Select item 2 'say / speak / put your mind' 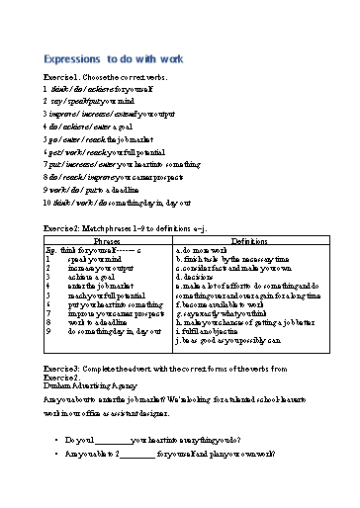(x=75, y=100)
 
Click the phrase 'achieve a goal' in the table (x=93, y=279)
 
